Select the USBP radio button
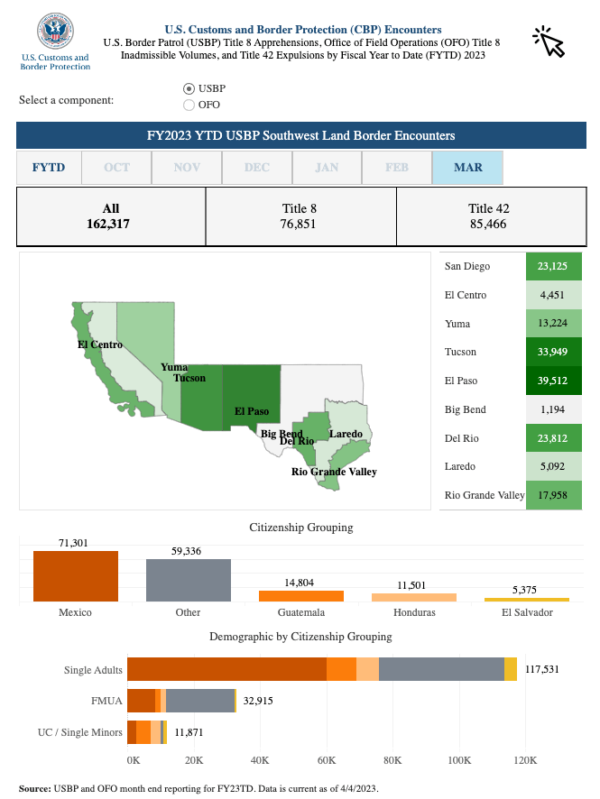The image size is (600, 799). (189, 88)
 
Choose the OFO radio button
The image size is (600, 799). (189, 105)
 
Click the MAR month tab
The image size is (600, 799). (467, 168)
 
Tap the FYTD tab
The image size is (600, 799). (49, 168)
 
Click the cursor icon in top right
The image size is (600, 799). (549, 41)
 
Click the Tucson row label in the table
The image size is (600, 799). (461, 352)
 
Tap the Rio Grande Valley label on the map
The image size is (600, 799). (334, 472)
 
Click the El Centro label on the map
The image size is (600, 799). (100, 344)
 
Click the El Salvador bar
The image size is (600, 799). (527, 600)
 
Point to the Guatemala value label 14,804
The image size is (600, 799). (301, 583)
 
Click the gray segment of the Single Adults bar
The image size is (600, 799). (441, 669)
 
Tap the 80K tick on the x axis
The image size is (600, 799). (392, 761)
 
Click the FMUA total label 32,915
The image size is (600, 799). (258, 701)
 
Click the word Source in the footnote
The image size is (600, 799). (34, 788)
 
